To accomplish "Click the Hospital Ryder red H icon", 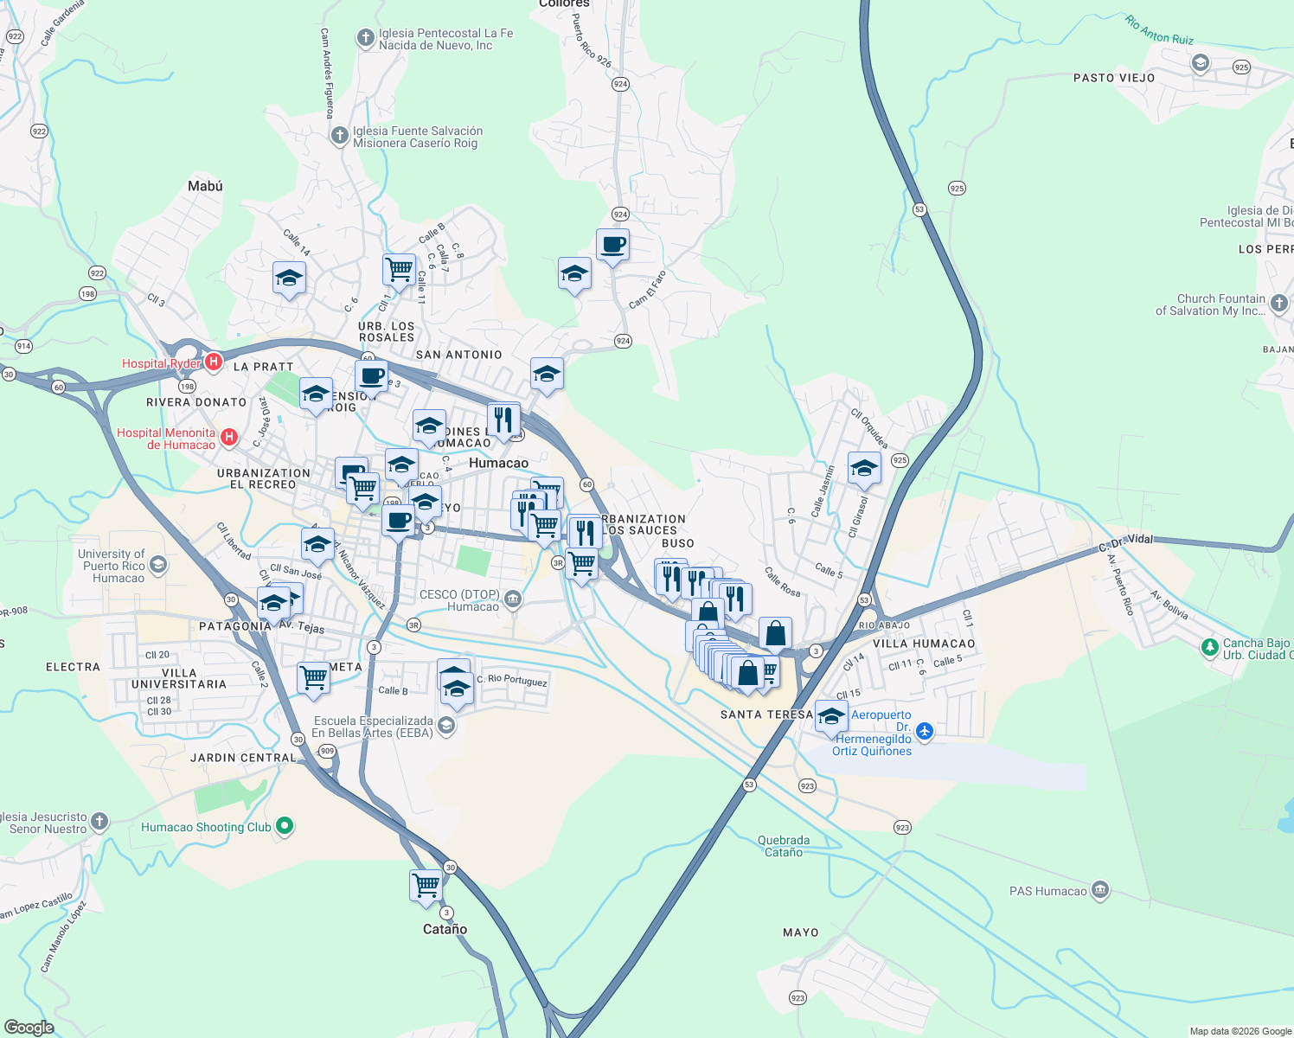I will point(214,362).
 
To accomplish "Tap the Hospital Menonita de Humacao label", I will point(166,439).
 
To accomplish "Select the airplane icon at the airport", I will point(925,732).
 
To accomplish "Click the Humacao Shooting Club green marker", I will point(284,827).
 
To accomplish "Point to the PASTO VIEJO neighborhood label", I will point(1113,78).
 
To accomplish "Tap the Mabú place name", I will point(205,186).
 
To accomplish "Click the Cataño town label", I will point(445,929).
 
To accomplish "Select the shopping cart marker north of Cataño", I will point(426,886).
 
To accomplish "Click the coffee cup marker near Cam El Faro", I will point(612,246).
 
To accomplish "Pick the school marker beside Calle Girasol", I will point(864,469).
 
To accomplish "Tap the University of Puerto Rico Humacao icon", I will point(157,566).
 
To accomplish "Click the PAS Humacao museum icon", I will point(1099,890).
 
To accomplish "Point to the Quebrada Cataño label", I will point(784,846).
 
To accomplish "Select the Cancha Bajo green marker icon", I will point(1210,647).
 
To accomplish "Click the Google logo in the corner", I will point(29,1027).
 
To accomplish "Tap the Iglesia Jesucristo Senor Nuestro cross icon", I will point(99,822).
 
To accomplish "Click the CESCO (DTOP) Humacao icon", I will point(512,599).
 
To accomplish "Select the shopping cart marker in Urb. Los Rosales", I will point(399,269).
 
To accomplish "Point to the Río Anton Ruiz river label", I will point(1159,29).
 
